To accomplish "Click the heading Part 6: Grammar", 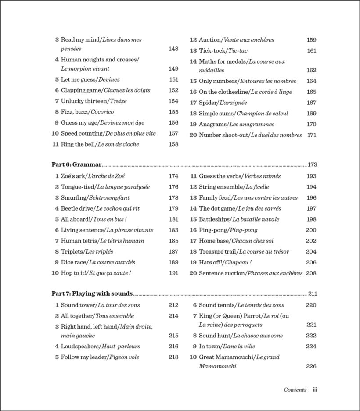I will [x=76, y=165].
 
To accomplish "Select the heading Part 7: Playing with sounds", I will [x=92, y=294].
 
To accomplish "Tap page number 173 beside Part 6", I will [x=312, y=165].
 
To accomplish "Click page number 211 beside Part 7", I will [x=312, y=294].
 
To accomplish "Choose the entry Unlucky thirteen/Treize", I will [x=94, y=101].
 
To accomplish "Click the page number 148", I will [x=173, y=49].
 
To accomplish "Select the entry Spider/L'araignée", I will [x=223, y=103].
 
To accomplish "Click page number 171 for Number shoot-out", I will [x=312, y=135].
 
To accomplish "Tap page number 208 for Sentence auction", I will [x=311, y=273].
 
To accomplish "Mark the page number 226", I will [x=311, y=366].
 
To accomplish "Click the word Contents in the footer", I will [x=295, y=390].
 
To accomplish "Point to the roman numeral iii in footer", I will [x=315, y=390].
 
